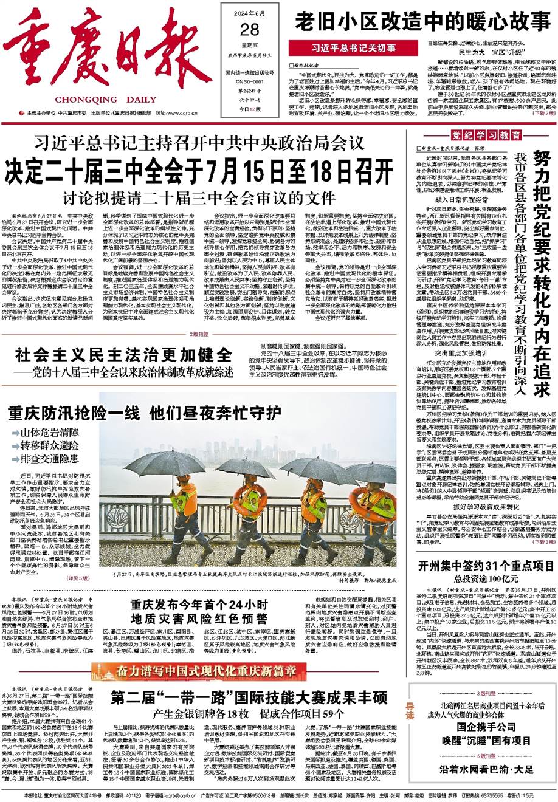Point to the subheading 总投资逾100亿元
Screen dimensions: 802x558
point(482,580)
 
